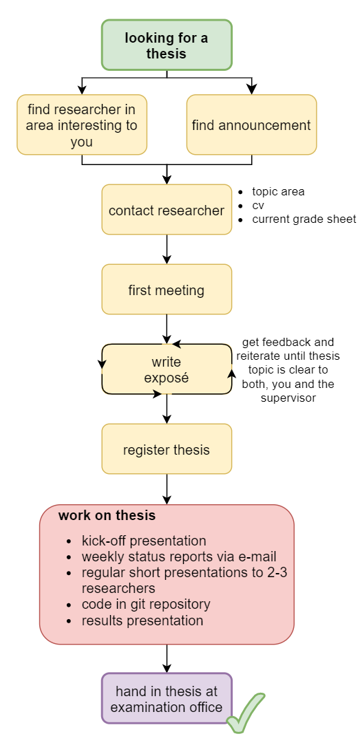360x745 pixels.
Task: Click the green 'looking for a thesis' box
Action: coord(167,45)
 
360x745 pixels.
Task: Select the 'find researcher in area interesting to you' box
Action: coord(82,125)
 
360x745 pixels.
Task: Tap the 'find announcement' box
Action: coord(251,125)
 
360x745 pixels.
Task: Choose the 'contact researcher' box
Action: coord(167,210)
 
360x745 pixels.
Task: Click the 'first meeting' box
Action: coord(167,290)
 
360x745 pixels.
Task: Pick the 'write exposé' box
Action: coord(167,369)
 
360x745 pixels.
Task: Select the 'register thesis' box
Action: coord(167,449)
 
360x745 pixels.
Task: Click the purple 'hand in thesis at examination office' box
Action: coord(167,698)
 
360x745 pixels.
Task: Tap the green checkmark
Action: coord(245,713)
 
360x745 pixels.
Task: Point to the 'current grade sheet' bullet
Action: coord(304,219)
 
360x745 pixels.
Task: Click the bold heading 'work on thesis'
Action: coord(107,515)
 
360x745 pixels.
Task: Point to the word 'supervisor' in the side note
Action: coord(288,398)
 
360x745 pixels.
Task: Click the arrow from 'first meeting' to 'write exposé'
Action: coord(167,330)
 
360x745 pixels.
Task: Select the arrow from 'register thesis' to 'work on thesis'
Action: coord(167,489)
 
